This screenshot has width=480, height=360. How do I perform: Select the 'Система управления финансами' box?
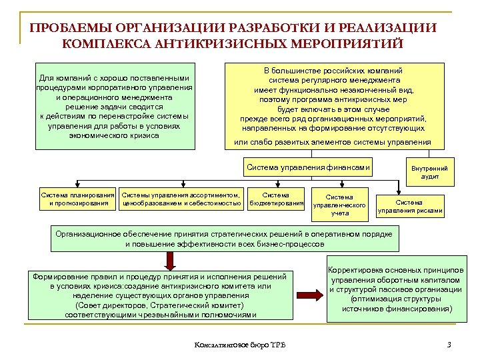click(308, 167)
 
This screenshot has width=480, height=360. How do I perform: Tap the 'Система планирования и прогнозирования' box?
click(78, 199)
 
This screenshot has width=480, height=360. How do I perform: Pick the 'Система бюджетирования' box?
click(276, 199)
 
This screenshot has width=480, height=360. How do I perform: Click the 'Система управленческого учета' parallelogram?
click(340, 205)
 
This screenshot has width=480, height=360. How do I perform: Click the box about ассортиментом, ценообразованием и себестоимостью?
click(181, 199)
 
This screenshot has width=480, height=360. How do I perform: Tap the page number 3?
click(449, 345)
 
